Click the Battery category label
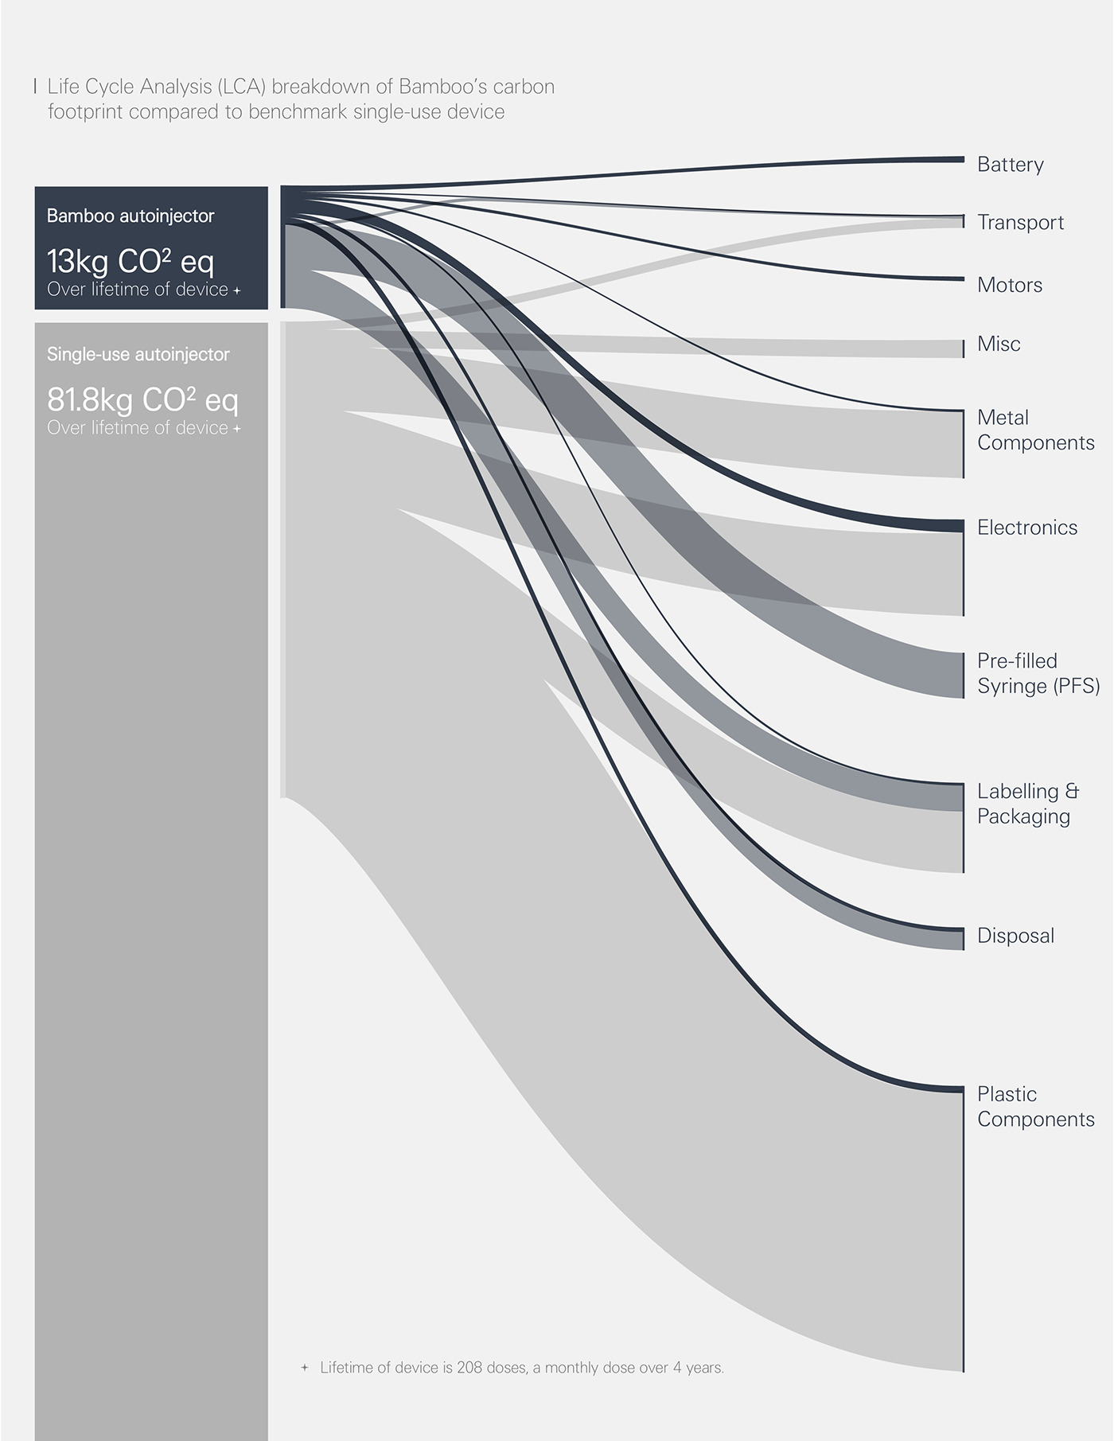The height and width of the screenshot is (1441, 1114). [1010, 165]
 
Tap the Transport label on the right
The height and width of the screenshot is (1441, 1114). [1020, 223]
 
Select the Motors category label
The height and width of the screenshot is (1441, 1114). [1009, 285]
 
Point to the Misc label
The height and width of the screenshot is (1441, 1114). [998, 344]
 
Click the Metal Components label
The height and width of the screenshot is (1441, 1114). [1035, 430]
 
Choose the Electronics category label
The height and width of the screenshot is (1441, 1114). [1026, 528]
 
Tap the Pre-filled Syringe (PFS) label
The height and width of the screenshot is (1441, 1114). [1038, 673]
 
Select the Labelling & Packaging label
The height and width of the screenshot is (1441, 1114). [1027, 804]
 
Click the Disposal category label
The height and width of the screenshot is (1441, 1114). [1015, 936]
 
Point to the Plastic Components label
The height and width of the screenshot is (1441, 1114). [1035, 1106]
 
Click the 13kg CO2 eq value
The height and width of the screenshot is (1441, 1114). [130, 261]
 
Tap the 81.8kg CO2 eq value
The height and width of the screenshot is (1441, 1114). [142, 399]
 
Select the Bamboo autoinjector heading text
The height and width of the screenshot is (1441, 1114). [130, 216]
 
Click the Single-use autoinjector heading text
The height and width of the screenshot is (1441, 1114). [138, 354]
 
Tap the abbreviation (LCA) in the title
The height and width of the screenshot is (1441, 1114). [241, 86]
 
